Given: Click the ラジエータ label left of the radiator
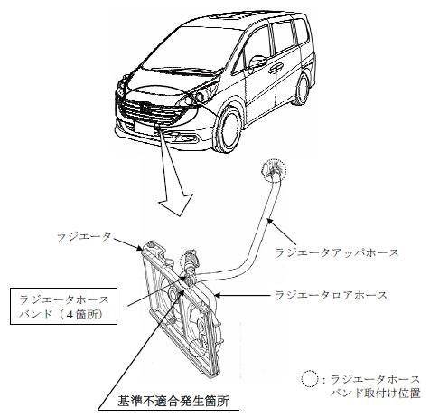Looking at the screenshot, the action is (84, 237).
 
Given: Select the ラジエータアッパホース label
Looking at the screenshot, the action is (336, 252).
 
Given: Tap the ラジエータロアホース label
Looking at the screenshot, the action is (332, 295).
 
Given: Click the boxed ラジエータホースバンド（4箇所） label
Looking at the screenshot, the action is (63, 307).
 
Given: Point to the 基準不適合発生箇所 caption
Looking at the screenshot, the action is (173, 401).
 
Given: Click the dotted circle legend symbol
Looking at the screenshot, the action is (310, 379).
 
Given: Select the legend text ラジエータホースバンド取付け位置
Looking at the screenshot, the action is (375, 386).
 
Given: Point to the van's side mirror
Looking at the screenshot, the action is (257, 61).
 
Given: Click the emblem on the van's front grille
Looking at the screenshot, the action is (145, 106).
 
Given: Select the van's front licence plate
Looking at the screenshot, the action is (145, 128).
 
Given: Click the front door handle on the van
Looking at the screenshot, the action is (276, 68).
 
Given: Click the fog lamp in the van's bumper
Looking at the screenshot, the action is (187, 138).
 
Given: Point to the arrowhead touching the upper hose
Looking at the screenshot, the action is (270, 221).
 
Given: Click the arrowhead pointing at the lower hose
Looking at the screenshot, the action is (218, 296).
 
